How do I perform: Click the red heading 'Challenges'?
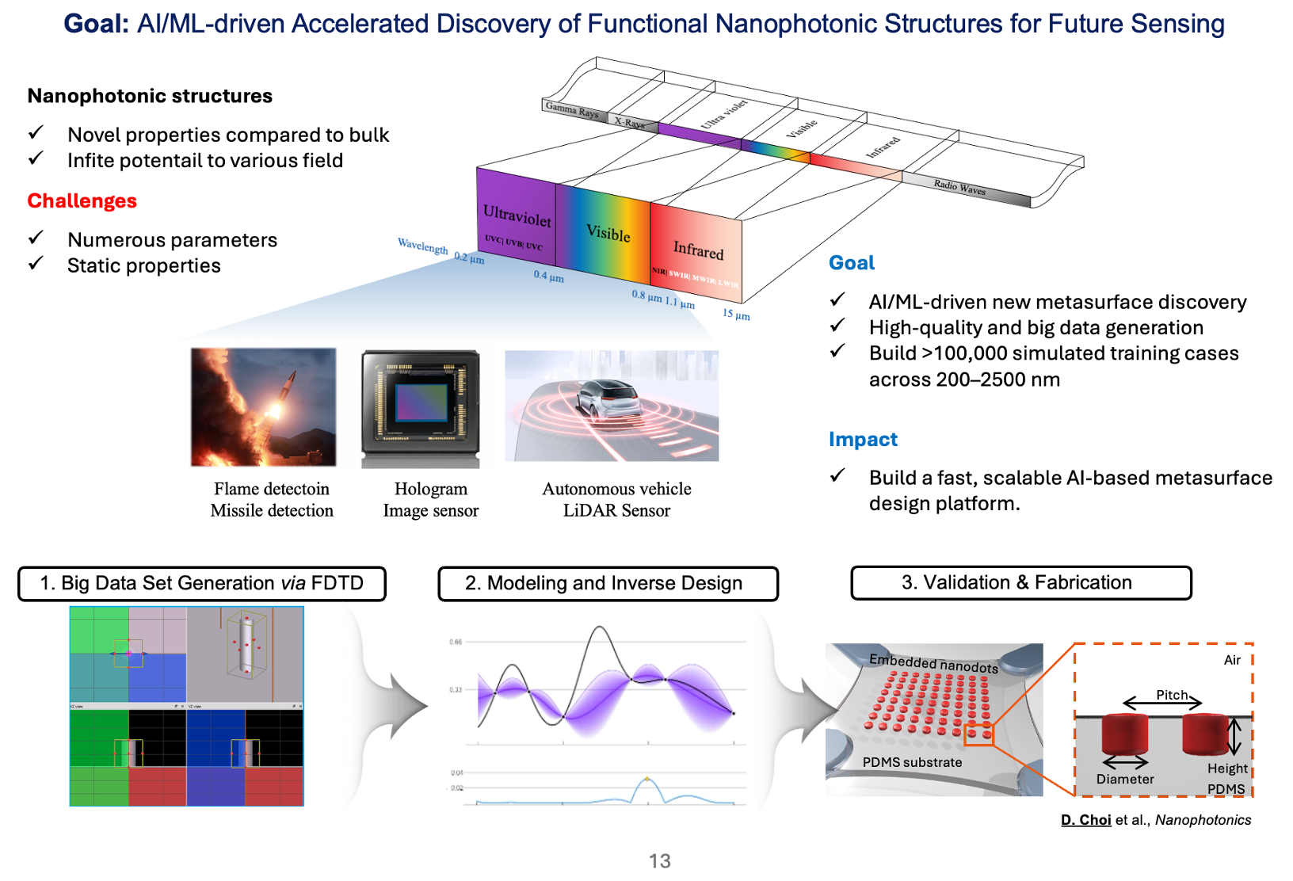tap(82, 201)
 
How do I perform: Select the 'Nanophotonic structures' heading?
tap(150, 96)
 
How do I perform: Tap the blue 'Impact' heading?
tap(863, 440)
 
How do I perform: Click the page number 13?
tap(659, 861)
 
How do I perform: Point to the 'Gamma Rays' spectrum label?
tap(571, 109)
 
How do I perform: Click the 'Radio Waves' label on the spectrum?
tap(959, 187)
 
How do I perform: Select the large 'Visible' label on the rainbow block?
tap(608, 233)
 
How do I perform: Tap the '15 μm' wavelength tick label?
tap(735, 314)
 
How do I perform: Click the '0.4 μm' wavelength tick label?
tap(548, 277)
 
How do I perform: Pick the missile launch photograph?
tap(263, 407)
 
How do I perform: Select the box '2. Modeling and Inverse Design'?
tap(608, 584)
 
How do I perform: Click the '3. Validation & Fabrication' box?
tap(1020, 583)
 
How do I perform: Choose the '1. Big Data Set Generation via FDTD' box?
tap(202, 584)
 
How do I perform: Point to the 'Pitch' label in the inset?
tap(1171, 695)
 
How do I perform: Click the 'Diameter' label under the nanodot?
tap(1125, 780)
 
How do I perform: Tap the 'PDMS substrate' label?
tap(912, 762)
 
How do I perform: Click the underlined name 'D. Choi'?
tap(1085, 820)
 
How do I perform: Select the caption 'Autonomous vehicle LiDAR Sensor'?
tap(616, 500)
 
